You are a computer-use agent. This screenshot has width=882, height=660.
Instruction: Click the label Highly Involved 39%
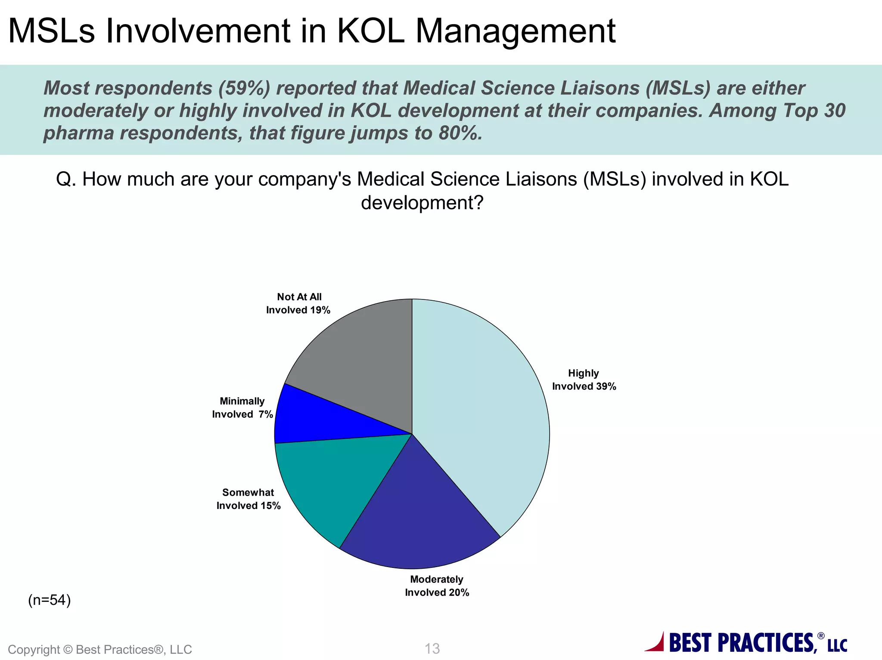pyautogui.click(x=584, y=380)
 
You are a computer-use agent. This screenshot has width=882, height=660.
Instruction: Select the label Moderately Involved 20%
pyautogui.click(x=437, y=586)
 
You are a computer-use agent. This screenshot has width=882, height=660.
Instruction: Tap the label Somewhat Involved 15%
pyautogui.click(x=248, y=499)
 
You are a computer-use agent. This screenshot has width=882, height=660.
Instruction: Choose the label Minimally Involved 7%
pyautogui.click(x=242, y=408)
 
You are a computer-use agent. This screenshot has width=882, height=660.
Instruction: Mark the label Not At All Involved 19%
pyautogui.click(x=298, y=303)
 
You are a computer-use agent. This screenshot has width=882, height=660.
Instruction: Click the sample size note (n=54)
pyautogui.click(x=50, y=600)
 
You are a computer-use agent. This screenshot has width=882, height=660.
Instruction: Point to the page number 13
pyautogui.click(x=432, y=648)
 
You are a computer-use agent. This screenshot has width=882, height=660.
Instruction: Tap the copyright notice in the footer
pyautogui.click(x=100, y=649)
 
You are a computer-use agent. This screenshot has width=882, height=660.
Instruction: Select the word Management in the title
pyautogui.click(x=516, y=31)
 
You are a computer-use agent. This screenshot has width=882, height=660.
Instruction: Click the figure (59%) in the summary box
pyautogui.click(x=244, y=88)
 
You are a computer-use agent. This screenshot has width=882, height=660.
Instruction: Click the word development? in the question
pyautogui.click(x=422, y=203)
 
